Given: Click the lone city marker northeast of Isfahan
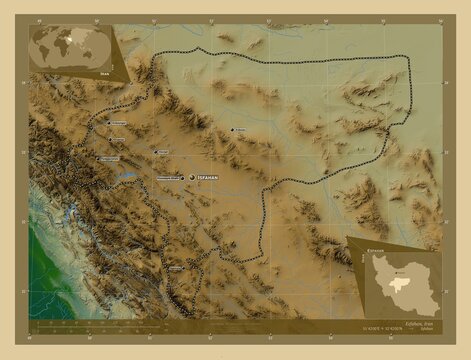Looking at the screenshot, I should click(x=232, y=130).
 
